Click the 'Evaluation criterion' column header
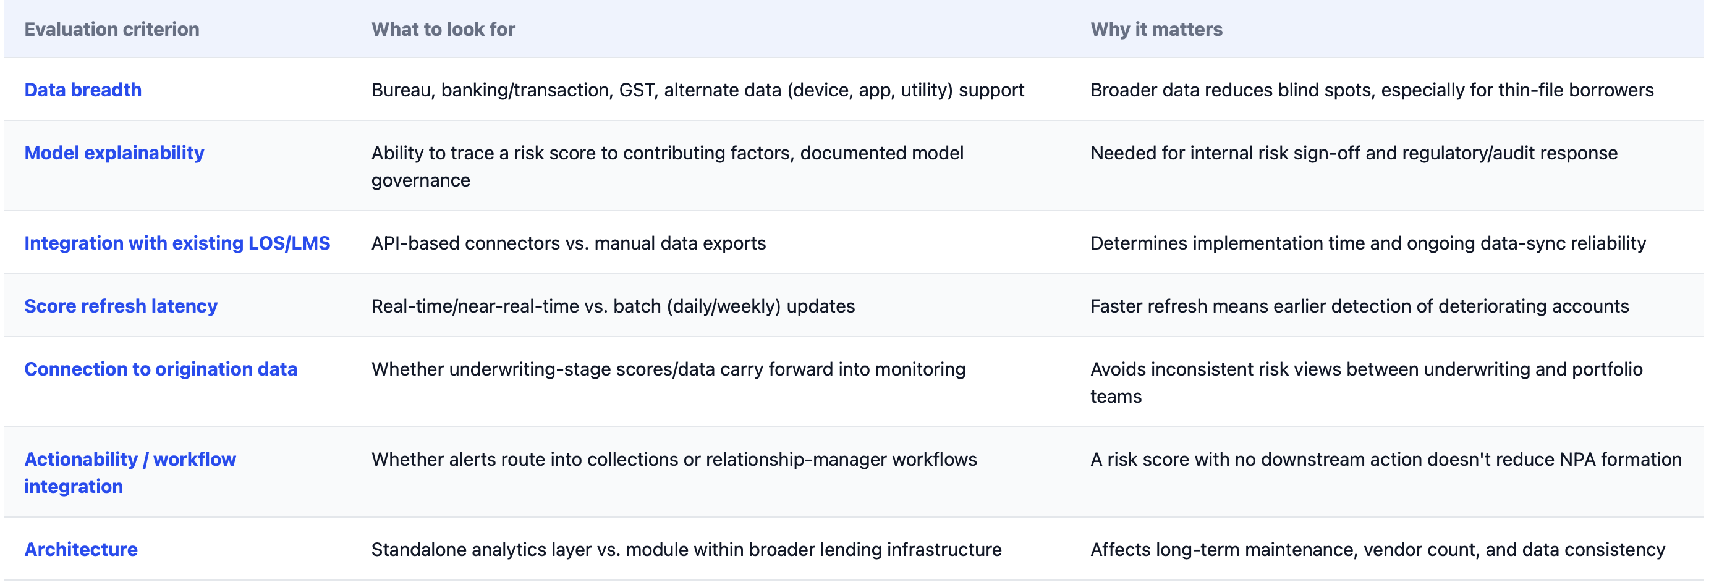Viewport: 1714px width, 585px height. (x=112, y=29)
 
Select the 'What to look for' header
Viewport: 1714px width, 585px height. (x=443, y=29)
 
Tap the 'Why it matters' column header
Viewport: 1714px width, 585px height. (x=1156, y=29)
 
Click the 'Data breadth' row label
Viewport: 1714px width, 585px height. (x=83, y=90)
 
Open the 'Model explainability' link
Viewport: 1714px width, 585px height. (x=114, y=153)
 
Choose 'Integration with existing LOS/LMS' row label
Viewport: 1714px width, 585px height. (x=177, y=243)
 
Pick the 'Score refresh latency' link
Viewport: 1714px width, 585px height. (x=121, y=306)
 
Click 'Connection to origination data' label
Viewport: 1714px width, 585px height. (x=161, y=369)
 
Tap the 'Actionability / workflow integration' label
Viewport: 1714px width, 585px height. (x=130, y=473)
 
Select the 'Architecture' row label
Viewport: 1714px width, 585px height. (x=81, y=549)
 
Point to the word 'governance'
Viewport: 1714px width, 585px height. (x=420, y=180)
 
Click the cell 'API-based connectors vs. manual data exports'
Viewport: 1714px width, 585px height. (x=569, y=243)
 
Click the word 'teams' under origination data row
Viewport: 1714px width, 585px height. (x=1116, y=396)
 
